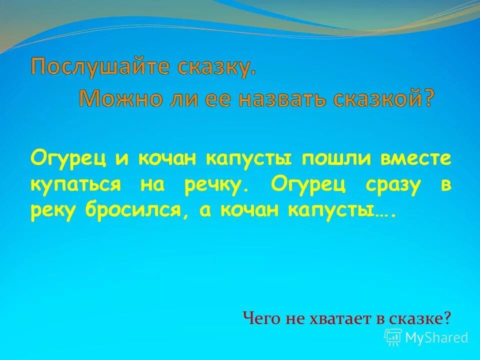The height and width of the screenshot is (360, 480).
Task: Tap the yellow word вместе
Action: [418, 158]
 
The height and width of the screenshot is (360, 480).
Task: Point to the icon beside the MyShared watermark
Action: [393, 337]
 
